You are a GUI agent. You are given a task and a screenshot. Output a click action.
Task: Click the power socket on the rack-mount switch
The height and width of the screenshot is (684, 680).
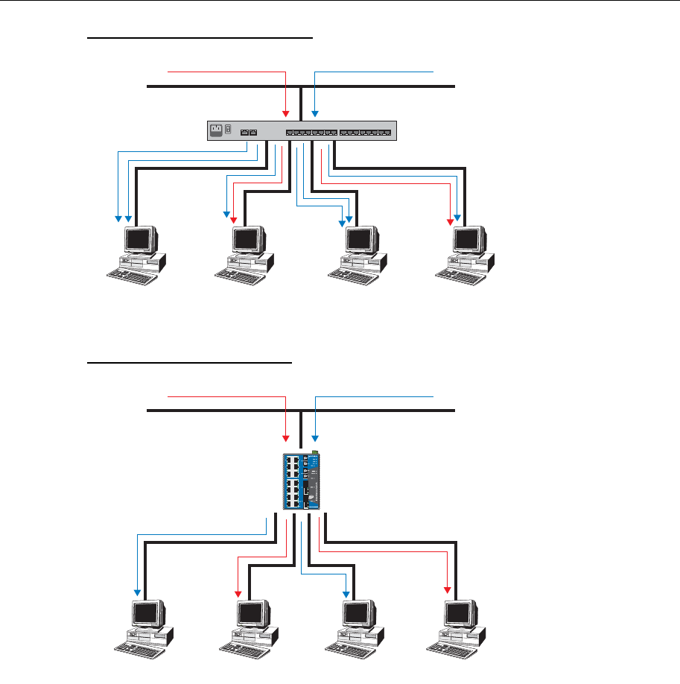[x=218, y=130]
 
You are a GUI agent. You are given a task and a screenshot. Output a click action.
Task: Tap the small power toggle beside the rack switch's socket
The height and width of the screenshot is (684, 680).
[x=229, y=130]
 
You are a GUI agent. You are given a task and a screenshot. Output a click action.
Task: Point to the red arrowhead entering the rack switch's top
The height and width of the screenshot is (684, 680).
[x=286, y=113]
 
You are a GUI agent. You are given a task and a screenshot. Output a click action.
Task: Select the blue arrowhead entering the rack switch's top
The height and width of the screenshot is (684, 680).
[x=315, y=113]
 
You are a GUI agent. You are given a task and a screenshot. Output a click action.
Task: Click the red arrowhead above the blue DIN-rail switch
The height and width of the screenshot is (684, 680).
[x=286, y=437]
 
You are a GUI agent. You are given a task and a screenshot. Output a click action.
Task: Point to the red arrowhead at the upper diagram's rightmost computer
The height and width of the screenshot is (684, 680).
[x=450, y=221]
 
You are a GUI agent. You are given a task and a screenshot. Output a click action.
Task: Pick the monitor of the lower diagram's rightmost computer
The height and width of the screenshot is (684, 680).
[x=462, y=615]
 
